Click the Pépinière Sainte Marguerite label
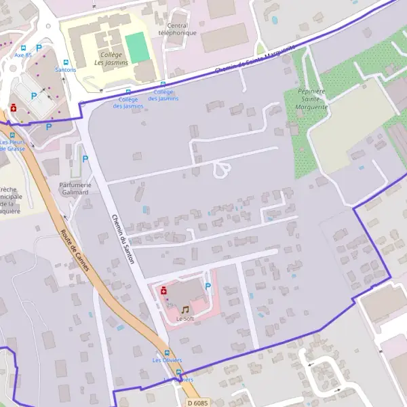point(312,99)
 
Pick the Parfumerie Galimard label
point(74,188)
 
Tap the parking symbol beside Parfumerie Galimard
point(85,159)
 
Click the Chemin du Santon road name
point(123,239)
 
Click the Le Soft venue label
point(185,318)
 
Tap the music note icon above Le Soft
point(185,309)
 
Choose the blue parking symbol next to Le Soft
point(208,286)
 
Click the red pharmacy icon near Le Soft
point(163,290)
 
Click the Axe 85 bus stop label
point(23,56)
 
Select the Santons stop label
point(65,69)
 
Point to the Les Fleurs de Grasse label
point(12,145)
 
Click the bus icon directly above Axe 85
point(24,48)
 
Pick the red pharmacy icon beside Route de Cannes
point(13,108)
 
